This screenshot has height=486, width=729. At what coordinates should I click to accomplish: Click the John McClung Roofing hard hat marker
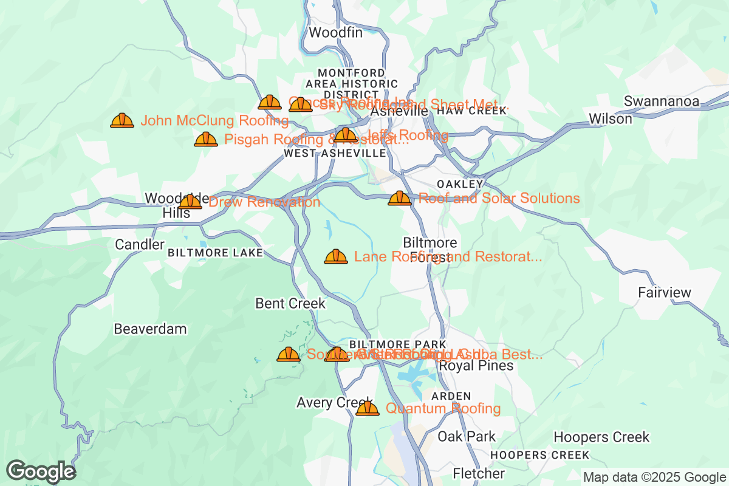coord(122,120)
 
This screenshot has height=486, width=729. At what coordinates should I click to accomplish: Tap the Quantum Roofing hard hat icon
coord(367,408)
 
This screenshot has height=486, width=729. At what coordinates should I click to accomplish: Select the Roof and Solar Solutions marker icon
coord(400,198)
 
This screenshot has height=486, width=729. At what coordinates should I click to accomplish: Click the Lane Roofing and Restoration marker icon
coord(336,256)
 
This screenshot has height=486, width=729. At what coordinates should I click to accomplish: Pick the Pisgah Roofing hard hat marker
coord(206,139)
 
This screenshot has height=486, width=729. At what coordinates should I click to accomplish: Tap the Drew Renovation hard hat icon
coord(190,202)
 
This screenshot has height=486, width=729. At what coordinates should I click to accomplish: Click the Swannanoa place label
coord(662,101)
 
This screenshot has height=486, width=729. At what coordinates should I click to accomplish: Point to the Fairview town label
coord(665,293)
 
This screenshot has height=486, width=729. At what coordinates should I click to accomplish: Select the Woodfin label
coord(336,33)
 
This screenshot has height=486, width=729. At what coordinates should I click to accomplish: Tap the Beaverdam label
coord(150,329)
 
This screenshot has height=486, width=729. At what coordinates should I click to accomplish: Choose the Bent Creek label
coord(290,303)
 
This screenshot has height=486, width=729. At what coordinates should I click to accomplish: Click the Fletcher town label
coord(479,473)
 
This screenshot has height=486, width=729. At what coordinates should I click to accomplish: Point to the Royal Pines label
coord(476,366)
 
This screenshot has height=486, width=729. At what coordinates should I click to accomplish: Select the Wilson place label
coord(611,119)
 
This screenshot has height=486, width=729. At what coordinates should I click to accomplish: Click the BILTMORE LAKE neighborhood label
coord(216,253)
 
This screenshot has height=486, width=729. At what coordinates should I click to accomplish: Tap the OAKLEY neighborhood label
coord(460,184)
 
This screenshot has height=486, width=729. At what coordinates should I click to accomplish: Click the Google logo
coord(41,471)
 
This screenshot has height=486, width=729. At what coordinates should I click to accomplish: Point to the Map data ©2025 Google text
coord(655,477)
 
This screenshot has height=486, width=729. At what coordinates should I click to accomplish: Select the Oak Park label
coord(467,436)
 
